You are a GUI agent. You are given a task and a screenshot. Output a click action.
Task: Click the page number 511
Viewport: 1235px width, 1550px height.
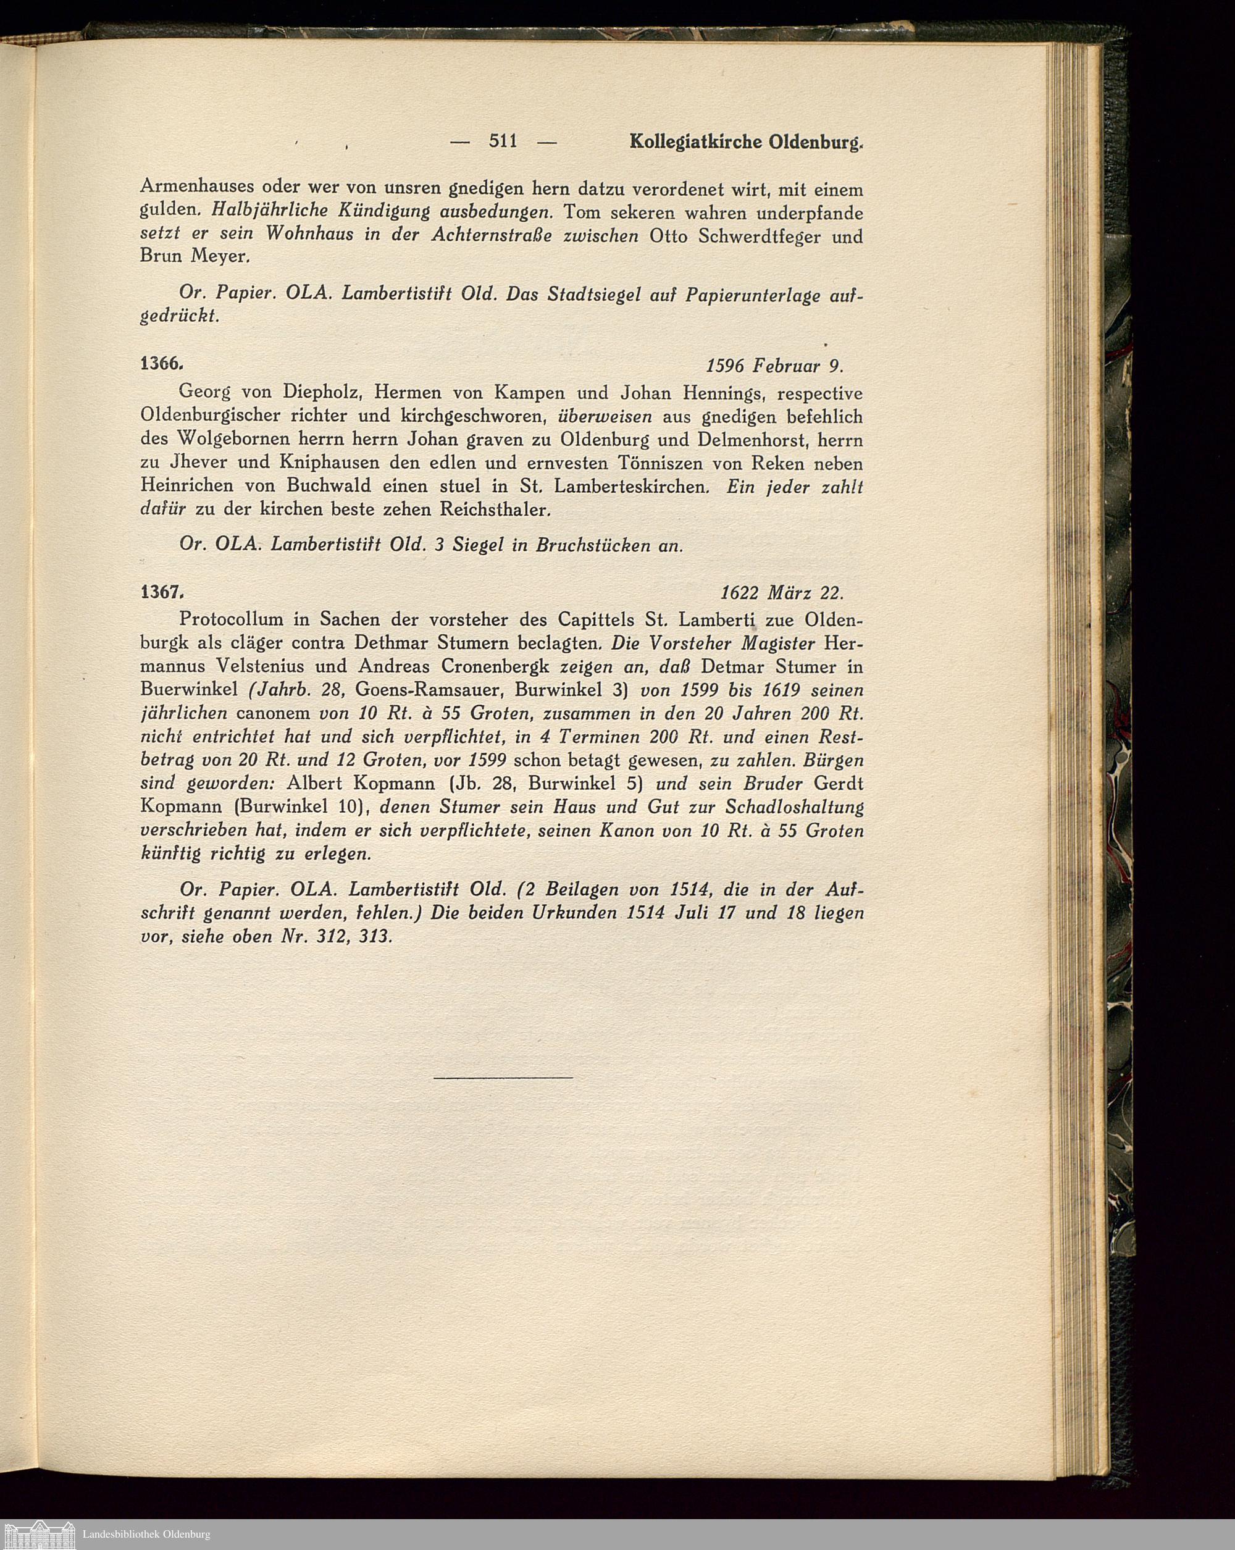coord(503,141)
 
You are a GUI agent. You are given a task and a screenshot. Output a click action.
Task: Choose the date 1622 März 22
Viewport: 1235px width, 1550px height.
coord(781,594)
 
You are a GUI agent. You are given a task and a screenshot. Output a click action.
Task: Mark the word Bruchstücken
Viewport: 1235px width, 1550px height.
coord(593,546)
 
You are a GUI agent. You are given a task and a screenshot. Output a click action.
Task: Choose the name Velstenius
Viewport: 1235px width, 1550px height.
coord(266,666)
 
